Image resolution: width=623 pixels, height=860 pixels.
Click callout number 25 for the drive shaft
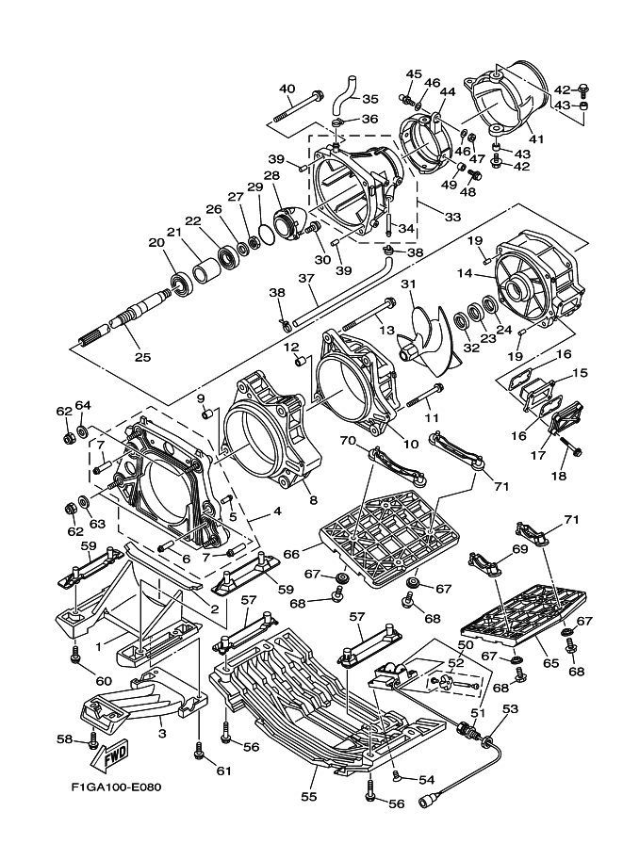point(143,356)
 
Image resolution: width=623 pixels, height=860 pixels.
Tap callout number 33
point(428,216)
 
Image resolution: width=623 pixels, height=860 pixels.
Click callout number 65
point(551,663)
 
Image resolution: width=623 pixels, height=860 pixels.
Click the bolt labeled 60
point(74,651)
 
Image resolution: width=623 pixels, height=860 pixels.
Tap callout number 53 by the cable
point(510,709)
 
